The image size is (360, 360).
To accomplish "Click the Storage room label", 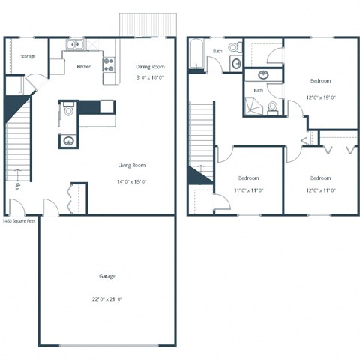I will (28, 56).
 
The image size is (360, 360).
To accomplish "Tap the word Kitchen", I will (84, 66).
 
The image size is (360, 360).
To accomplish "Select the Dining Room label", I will (150, 66).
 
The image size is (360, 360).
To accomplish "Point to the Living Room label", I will (131, 166).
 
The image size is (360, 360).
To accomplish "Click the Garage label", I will (107, 276).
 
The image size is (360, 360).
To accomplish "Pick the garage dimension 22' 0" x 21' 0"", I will (107, 298).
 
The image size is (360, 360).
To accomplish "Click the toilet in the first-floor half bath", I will (68, 111).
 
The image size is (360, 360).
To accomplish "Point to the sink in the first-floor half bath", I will (67, 140).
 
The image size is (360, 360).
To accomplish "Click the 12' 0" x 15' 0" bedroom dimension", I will (320, 97).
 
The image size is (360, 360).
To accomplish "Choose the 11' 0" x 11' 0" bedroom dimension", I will (248, 190).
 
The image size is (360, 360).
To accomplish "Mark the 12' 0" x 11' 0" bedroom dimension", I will (320, 190).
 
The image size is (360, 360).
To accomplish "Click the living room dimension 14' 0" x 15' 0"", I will (131, 181).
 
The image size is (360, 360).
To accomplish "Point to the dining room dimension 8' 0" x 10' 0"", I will (150, 76).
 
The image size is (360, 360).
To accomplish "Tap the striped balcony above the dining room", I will (148, 25).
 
